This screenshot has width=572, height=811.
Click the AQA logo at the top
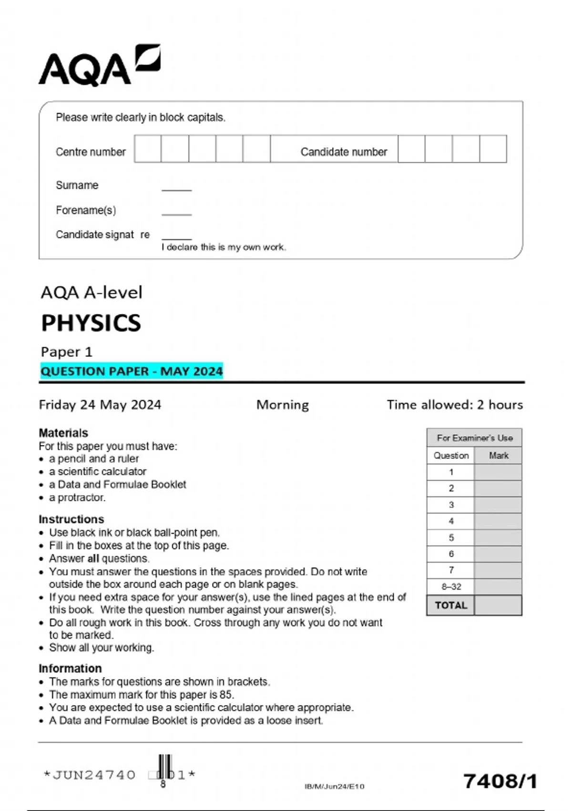99,66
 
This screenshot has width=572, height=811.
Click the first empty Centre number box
148,149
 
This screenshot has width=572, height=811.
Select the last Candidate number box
493,149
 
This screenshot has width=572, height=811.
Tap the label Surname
77,185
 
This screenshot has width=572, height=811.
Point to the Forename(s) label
86,210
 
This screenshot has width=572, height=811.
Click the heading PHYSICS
91,323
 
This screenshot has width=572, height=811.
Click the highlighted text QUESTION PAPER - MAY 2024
132,371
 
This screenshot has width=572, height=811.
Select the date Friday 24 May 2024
100,405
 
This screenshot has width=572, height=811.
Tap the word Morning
283,405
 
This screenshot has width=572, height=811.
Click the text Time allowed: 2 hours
455,405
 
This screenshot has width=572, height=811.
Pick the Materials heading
63,433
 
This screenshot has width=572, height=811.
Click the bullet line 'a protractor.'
77,498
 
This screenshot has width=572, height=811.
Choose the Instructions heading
71,519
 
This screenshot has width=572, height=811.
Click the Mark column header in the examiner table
499,456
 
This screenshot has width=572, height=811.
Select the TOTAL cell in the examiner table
451,605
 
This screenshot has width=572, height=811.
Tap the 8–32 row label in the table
451,587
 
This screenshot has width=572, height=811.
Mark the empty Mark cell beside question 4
498,521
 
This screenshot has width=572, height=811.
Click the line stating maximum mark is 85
142,695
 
